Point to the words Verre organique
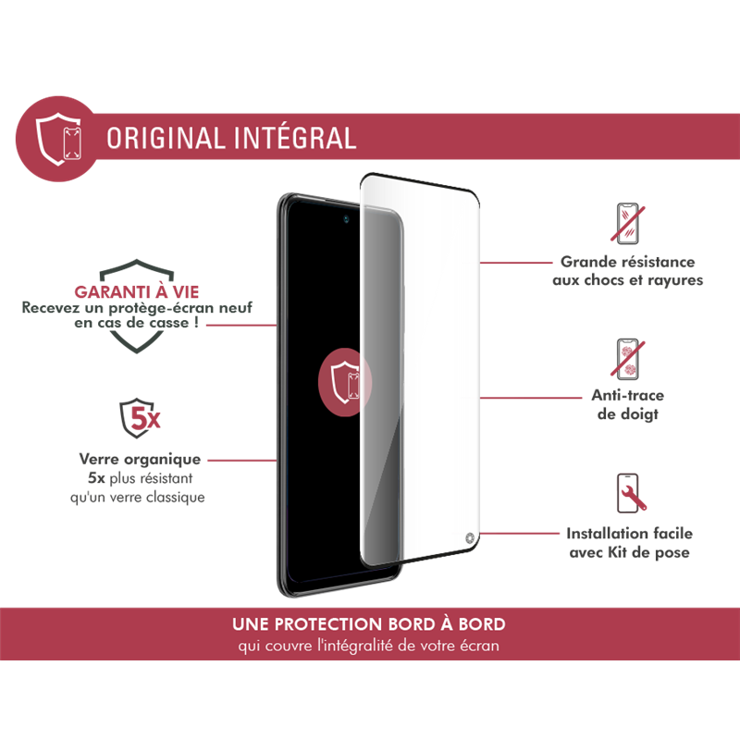tap(141, 459)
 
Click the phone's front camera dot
tap(346, 220)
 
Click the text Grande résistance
tap(628, 262)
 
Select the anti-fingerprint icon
tap(629, 359)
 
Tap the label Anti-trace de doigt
tap(628, 404)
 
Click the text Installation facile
tap(629, 534)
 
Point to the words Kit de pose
tap(659, 553)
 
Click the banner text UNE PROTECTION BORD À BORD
tap(369, 624)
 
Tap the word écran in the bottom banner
tap(479, 646)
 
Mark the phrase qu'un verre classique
tap(141, 497)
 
